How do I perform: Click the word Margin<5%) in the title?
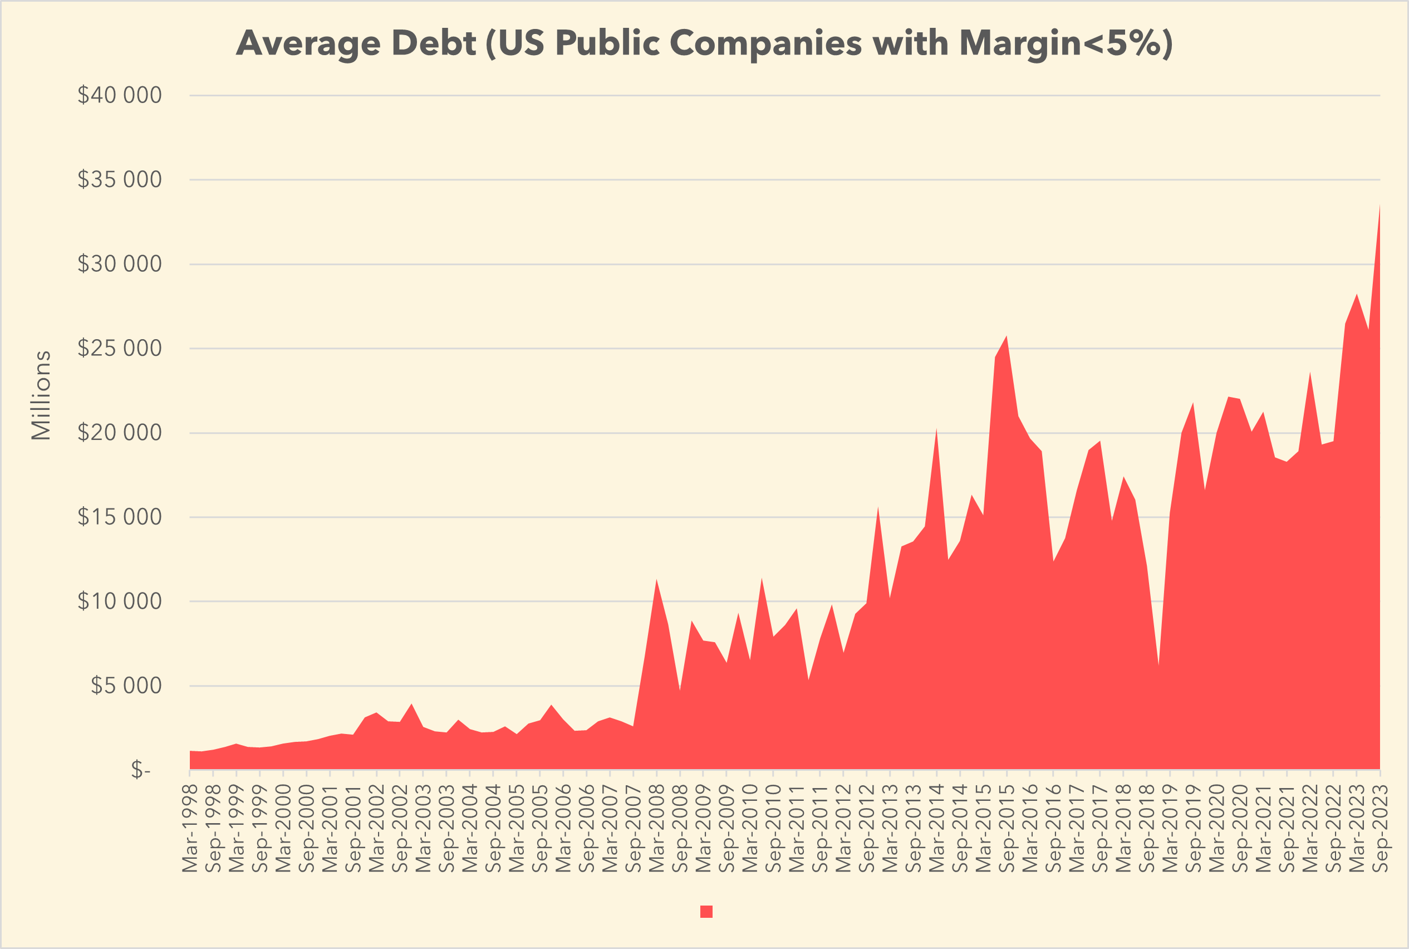pos(1066,43)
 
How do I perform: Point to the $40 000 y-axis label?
pos(119,95)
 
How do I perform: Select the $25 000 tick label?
pos(119,348)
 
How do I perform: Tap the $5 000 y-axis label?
pos(126,686)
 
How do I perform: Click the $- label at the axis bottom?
pos(140,770)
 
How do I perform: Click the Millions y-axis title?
pos(41,395)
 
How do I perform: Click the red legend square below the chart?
pos(706,912)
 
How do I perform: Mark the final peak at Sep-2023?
pos(1379,207)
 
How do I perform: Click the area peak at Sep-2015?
pos(1006,336)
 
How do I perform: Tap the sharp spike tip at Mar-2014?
pos(936,429)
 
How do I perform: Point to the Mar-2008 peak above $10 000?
pos(656,580)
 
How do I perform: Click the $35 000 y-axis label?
pos(119,179)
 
